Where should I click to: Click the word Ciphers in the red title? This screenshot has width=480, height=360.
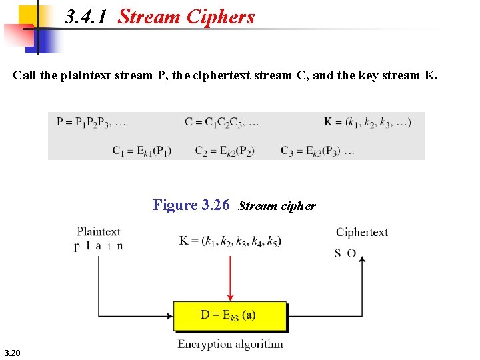221,17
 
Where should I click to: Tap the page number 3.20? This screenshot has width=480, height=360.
12,353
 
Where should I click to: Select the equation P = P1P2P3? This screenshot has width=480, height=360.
91,122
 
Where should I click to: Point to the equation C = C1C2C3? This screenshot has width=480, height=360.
222,122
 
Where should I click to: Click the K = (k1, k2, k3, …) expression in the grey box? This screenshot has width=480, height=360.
367,122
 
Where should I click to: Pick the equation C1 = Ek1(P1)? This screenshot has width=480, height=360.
141,150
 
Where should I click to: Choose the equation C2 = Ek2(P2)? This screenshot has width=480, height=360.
225,150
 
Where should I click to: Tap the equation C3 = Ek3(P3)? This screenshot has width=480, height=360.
317,150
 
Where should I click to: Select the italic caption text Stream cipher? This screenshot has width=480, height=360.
277,206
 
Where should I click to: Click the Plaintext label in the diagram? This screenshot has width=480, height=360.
99,232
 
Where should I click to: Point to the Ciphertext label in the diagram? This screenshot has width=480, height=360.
362,232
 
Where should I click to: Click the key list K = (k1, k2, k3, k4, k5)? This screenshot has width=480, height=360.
230,241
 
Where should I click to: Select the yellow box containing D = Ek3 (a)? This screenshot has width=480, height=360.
230,316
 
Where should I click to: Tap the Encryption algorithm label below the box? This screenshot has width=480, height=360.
230,345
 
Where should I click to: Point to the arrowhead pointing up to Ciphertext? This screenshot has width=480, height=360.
362,260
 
